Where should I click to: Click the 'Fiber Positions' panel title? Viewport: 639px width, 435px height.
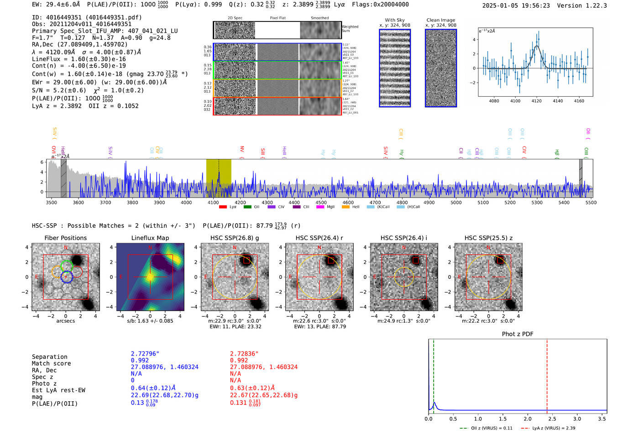[65, 238]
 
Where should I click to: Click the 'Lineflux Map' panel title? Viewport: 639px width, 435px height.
[150, 238]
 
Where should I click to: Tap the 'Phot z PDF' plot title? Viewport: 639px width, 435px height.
[517, 334]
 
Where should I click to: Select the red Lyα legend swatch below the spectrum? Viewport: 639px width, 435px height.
[223, 207]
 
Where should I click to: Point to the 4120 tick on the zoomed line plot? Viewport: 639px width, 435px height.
[536, 101]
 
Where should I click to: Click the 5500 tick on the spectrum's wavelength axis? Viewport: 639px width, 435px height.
[591, 202]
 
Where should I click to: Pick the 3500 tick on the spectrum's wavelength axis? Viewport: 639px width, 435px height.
[52, 202]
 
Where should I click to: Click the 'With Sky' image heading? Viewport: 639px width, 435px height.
[394, 20]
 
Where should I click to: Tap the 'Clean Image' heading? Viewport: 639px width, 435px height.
[440, 20]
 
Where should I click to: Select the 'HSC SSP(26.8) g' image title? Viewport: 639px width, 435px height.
[235, 238]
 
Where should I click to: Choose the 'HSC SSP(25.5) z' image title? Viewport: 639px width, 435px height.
[488, 238]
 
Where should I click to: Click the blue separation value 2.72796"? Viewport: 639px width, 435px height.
[145, 354]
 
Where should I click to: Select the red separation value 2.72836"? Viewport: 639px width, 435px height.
[244, 354]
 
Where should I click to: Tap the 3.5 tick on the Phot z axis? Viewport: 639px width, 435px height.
[602, 419]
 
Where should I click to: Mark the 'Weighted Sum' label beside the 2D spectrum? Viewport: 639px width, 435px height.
[350, 29]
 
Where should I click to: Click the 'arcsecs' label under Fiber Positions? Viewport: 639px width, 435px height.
[65, 321]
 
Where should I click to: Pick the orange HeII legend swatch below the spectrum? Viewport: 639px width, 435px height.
[346, 207]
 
